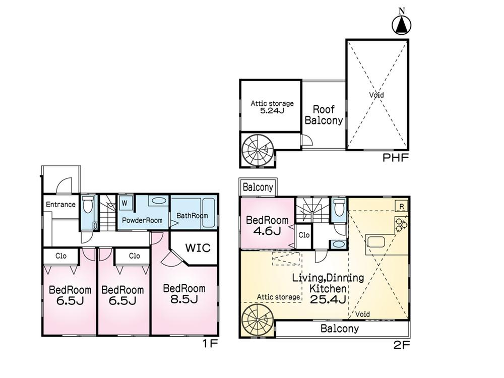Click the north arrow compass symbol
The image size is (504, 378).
pyautogui.click(x=402, y=25)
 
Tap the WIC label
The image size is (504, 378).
pyautogui.click(x=198, y=248)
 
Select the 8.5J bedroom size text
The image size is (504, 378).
pyautogui.click(x=184, y=299)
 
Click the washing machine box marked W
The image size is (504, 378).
pyautogui.click(x=124, y=203)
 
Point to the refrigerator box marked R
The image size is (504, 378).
pyautogui.click(x=402, y=206)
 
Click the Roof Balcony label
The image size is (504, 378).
pyautogui.click(x=324, y=115)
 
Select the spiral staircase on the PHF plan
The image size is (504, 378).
pyautogui.click(x=258, y=150)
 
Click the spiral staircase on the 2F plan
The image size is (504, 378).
pyautogui.click(x=258, y=320)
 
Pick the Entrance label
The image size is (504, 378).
pyautogui.click(x=61, y=205)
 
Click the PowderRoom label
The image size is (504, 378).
pyautogui.click(x=142, y=221)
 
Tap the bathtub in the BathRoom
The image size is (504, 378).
pyautogui.click(x=209, y=213)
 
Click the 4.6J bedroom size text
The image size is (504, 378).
pyautogui.click(x=267, y=231)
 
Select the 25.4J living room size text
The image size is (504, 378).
pyautogui.click(x=328, y=299)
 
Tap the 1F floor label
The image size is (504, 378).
pyautogui.click(x=211, y=344)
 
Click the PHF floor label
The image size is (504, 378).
pyautogui.click(x=395, y=158)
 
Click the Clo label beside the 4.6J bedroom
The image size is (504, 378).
pyautogui.click(x=304, y=235)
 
